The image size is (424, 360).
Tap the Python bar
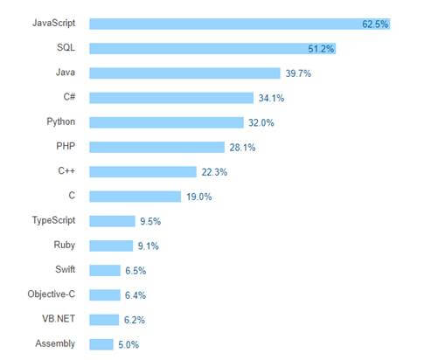point(166,122)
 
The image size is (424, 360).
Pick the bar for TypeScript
point(112,221)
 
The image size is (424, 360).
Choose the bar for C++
point(142,172)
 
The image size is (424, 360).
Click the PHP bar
point(156,147)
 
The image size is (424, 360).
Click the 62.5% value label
point(375,24)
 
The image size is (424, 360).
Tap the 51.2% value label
point(322,49)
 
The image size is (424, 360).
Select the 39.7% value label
point(297,73)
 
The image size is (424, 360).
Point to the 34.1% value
point(270,98)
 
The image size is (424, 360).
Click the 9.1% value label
point(147,246)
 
